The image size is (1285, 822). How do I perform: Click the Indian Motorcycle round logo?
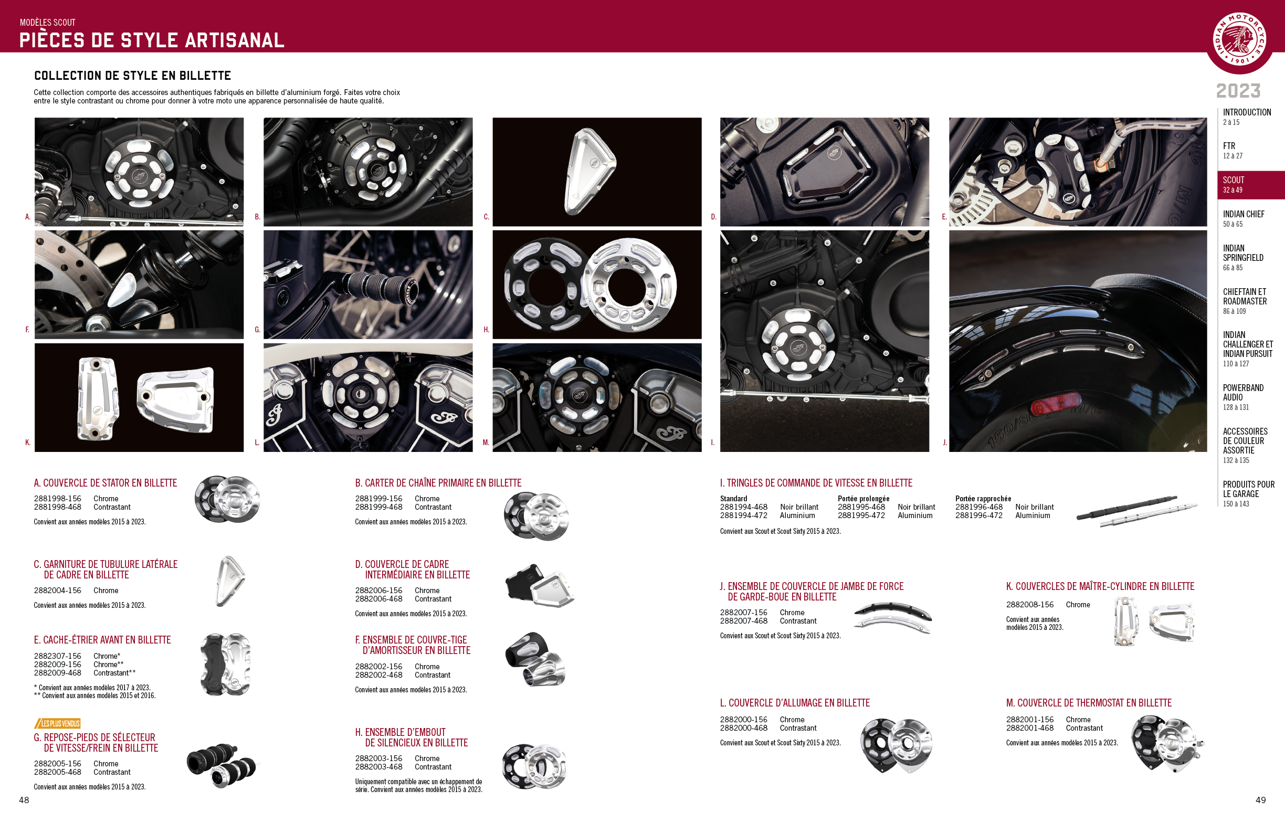point(1239,39)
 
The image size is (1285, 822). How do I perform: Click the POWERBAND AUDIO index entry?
point(1243,397)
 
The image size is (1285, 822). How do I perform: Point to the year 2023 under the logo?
point(1238,91)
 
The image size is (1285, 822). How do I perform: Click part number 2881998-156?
point(58,499)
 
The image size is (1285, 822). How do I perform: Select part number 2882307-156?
point(58,656)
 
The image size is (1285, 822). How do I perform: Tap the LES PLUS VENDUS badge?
point(58,723)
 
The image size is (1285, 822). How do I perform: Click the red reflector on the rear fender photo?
point(1056,405)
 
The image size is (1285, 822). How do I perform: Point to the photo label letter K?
point(28,442)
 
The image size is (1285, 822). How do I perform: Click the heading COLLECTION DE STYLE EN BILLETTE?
point(132,75)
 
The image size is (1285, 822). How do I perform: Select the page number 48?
point(24,799)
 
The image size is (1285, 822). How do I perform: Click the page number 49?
point(1260,799)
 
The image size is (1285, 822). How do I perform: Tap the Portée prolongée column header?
point(863,499)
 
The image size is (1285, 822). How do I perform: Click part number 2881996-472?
point(978,515)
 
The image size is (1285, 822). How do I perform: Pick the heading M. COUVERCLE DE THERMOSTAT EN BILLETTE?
point(1089,703)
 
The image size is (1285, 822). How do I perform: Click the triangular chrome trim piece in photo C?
point(589,171)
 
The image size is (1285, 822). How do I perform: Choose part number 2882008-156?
point(1030,605)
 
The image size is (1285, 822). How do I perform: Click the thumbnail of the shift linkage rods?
point(1136,511)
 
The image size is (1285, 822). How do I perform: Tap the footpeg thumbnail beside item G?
point(222,765)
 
